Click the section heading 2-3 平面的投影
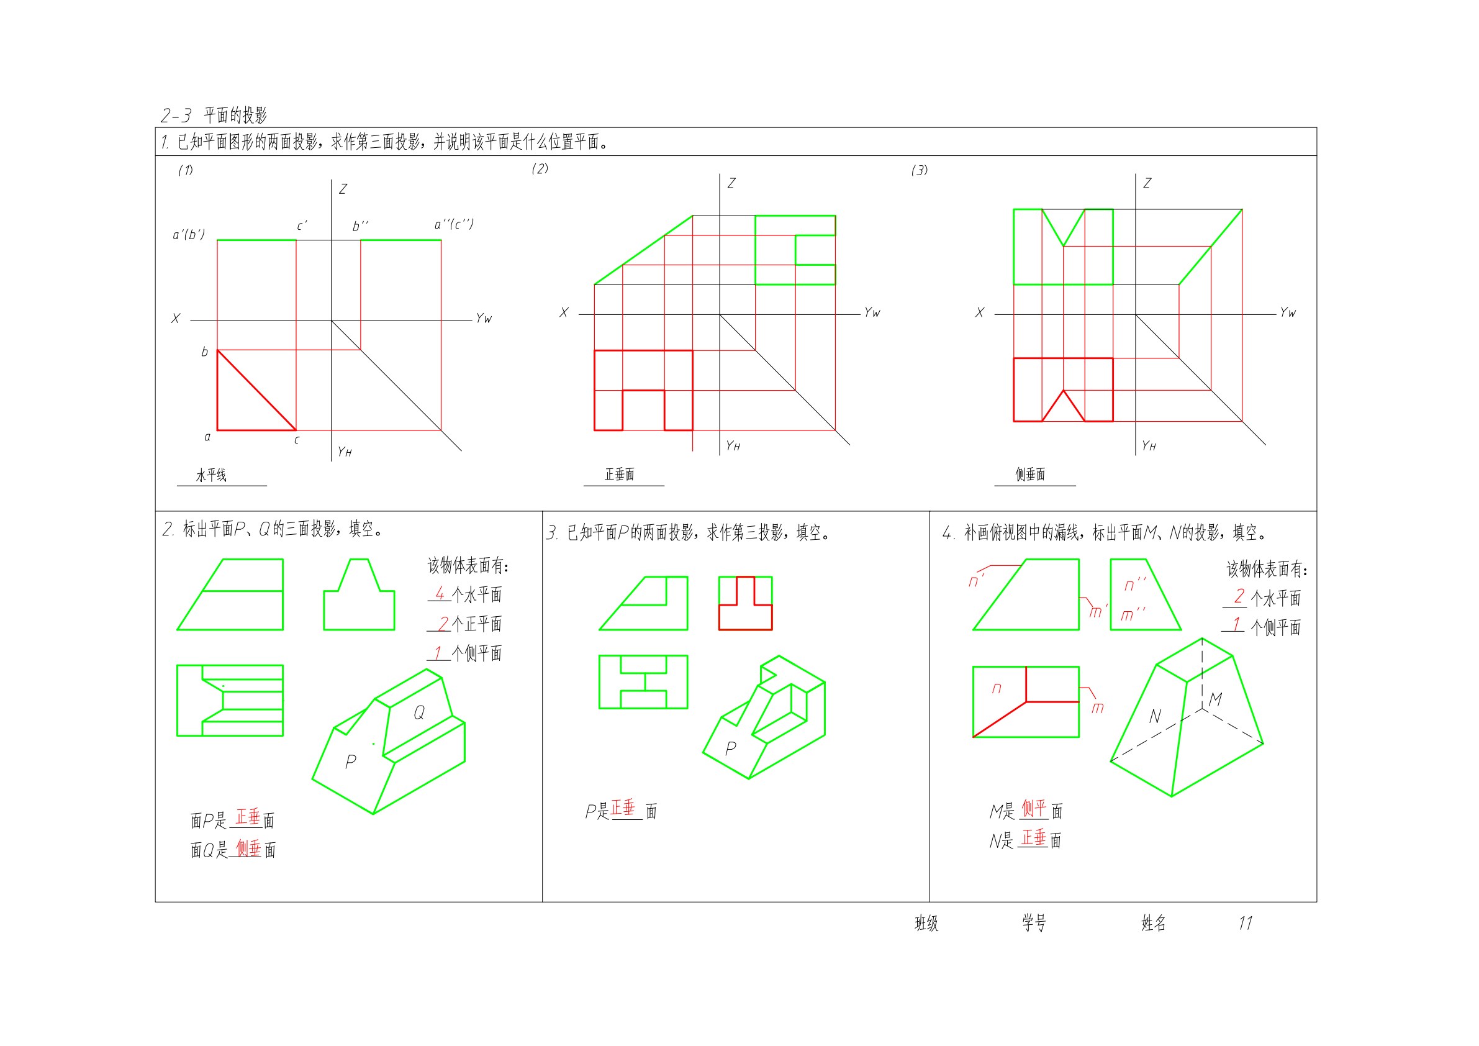(x=214, y=116)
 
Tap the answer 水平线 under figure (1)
(x=211, y=476)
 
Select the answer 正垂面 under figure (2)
(x=620, y=475)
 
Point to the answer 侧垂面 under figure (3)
(x=1030, y=475)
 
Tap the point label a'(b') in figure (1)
(x=189, y=235)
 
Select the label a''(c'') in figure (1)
(x=454, y=224)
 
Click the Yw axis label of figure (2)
(x=872, y=312)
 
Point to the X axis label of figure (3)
(x=980, y=312)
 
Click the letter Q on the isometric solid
(x=418, y=712)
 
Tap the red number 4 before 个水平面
(x=440, y=593)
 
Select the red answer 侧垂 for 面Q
(x=248, y=848)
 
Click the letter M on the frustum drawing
(x=1216, y=699)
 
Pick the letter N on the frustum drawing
(x=1156, y=716)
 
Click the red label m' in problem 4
(x=1097, y=611)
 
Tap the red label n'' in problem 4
(x=1135, y=584)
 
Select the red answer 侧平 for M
(x=1034, y=808)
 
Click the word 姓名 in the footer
(x=1154, y=924)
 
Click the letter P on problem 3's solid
(x=730, y=748)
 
